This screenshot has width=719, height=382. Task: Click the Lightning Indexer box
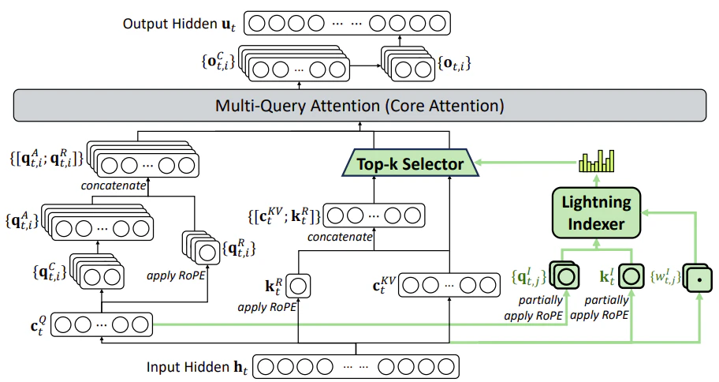coord(596,212)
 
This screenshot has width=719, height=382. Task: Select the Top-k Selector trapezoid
coord(411,163)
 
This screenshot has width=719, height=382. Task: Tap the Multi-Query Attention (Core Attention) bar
coord(359,106)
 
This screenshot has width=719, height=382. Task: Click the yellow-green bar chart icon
coord(596,161)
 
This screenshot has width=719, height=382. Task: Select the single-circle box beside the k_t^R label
coord(298,286)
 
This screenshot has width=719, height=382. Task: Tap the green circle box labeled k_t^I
coord(631,276)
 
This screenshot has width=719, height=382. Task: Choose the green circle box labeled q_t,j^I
coord(565,276)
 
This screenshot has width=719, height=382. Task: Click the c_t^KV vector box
coord(449,285)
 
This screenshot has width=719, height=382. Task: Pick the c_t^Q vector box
coord(102,324)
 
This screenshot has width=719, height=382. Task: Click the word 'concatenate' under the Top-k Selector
coord(340,237)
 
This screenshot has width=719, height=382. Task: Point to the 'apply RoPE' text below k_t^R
coord(267,307)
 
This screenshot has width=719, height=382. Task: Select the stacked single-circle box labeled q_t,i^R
coord(202,248)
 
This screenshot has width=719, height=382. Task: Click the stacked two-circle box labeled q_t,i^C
coord(98,272)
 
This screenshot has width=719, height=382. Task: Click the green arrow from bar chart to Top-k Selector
coord(527,162)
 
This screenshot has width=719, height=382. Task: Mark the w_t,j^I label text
coord(665,277)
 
